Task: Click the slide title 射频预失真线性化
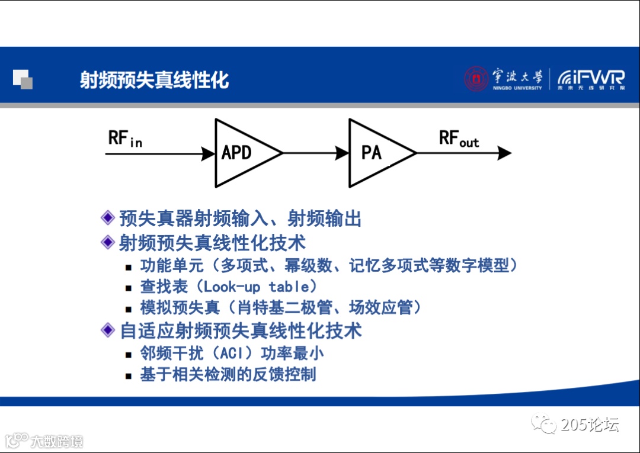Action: pos(155,80)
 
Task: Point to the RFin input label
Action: pos(125,139)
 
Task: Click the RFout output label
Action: pos(458,139)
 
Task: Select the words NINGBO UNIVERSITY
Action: pos(517,88)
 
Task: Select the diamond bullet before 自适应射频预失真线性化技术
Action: pos(107,330)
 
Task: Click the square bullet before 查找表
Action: pos(129,288)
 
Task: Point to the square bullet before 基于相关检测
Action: pos(129,375)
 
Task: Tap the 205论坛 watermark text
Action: pos(590,425)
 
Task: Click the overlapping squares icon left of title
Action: pos(23,79)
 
